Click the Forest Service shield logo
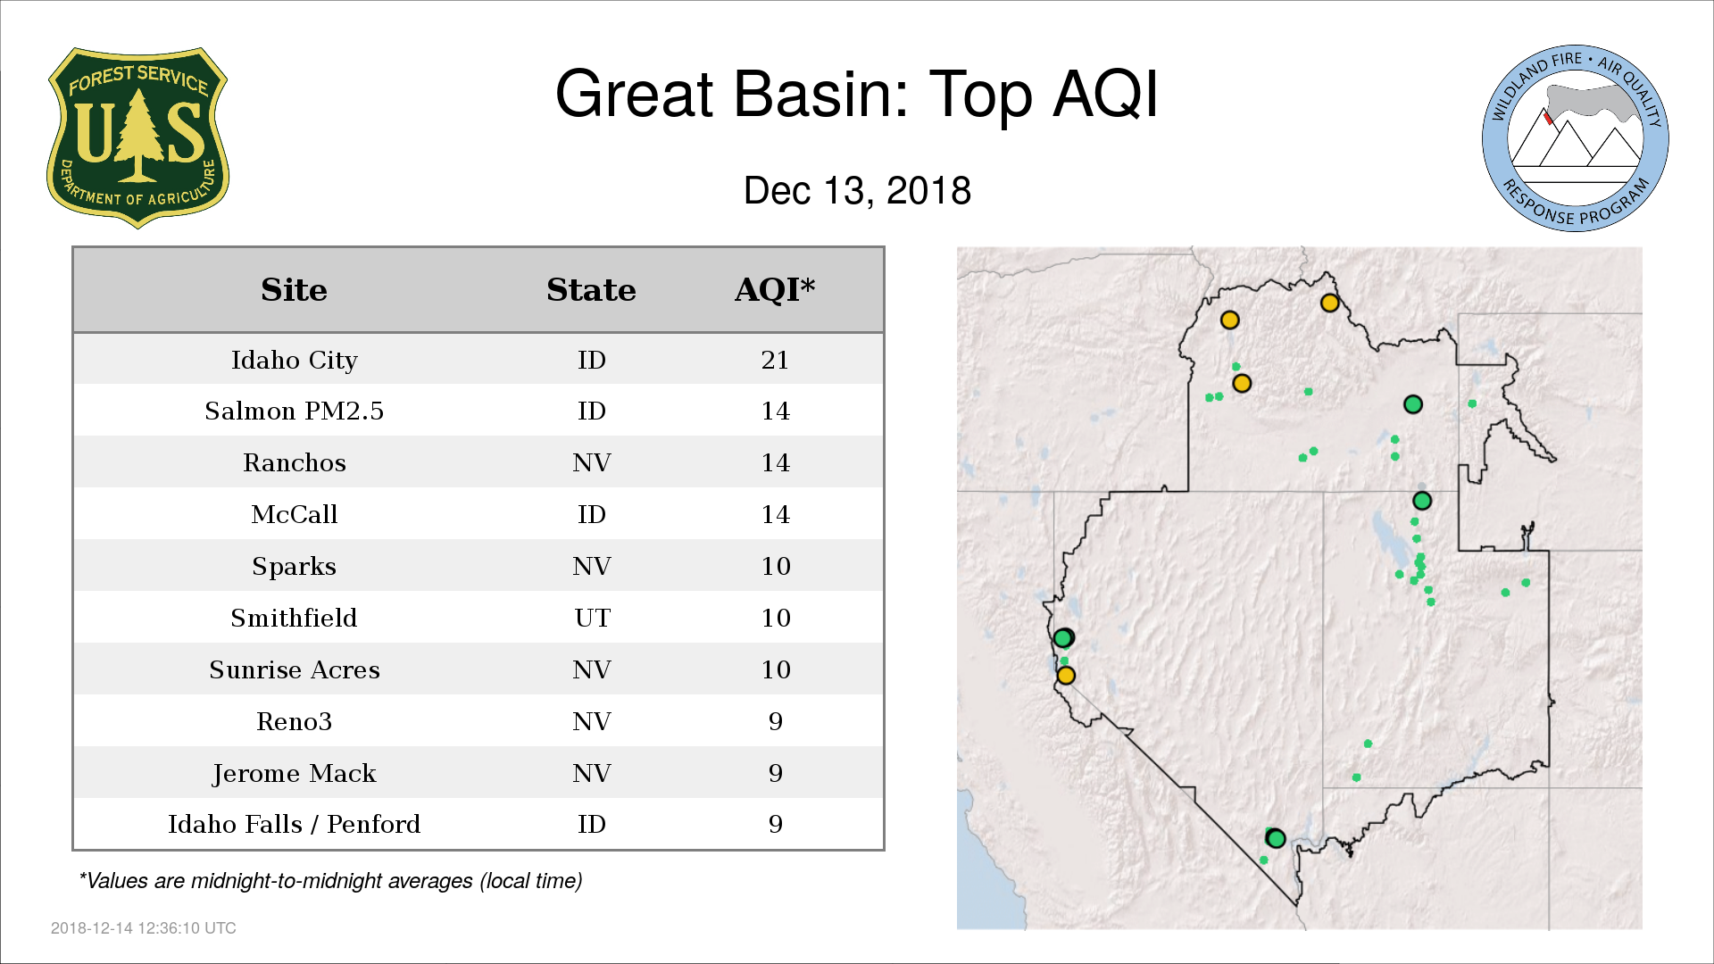137,137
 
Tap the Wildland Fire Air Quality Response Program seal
1575,138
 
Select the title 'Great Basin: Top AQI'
856,94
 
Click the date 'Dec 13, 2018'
857,190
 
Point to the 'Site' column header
294,290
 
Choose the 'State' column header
591,290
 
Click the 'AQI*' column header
775,289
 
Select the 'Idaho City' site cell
295,360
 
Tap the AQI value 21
775,360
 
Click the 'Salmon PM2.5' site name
295,411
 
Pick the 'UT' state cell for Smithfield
592,618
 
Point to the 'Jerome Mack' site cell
295,773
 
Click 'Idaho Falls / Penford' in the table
295,824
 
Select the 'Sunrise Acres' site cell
295,669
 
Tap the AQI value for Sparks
776,566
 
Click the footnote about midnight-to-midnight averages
330,881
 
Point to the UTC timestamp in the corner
144,928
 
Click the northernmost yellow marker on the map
1329,303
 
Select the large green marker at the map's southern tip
1276,838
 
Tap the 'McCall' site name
295,514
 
